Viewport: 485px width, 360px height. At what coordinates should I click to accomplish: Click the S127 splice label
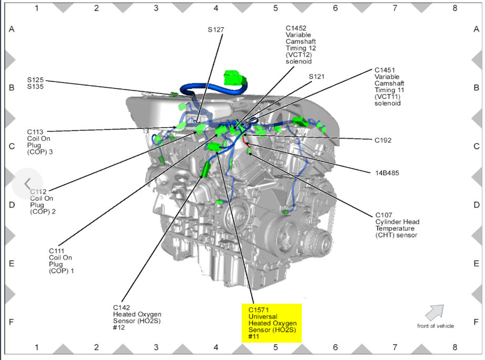(216, 30)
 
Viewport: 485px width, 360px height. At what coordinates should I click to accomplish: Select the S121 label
(316, 76)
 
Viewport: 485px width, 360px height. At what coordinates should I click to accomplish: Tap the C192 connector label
(383, 141)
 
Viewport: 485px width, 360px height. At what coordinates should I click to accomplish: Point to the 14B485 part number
(386, 172)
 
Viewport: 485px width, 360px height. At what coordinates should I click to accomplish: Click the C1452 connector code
(296, 28)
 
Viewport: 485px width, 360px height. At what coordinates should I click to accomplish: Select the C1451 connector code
(384, 69)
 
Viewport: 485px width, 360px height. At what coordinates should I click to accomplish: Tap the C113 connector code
(36, 132)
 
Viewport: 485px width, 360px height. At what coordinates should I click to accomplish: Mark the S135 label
(35, 86)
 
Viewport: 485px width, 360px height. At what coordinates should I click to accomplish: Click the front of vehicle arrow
(434, 312)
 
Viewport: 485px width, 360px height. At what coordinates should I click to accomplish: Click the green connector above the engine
(235, 78)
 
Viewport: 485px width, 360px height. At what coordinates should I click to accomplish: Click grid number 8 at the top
(454, 8)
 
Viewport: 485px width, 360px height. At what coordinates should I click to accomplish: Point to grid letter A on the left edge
(11, 29)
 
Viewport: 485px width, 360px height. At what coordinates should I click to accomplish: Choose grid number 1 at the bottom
(36, 347)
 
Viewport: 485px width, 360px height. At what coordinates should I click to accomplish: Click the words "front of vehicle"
(435, 326)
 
